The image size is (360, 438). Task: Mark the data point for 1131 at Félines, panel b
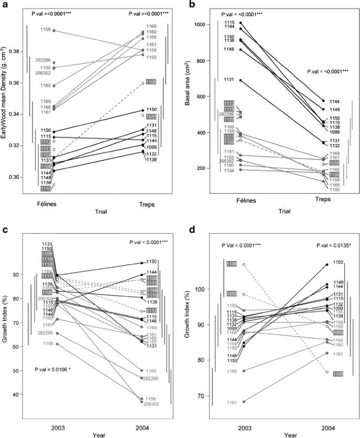tap(241, 80)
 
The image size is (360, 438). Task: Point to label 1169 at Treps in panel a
tap(151, 26)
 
